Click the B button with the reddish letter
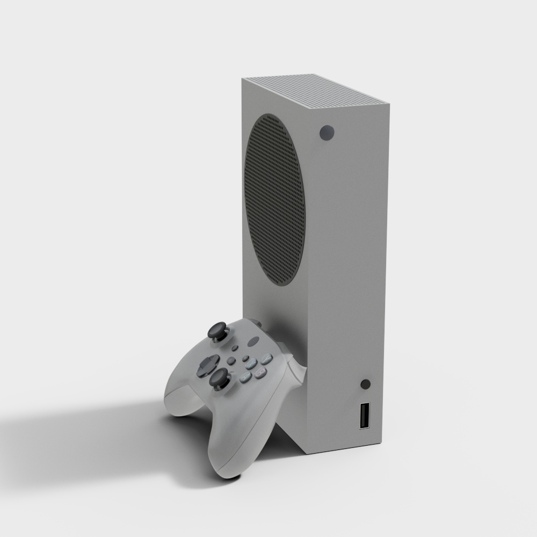(x=262, y=371)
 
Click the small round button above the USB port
(x=366, y=384)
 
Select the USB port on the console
(x=365, y=415)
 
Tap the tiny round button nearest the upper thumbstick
(x=233, y=347)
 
